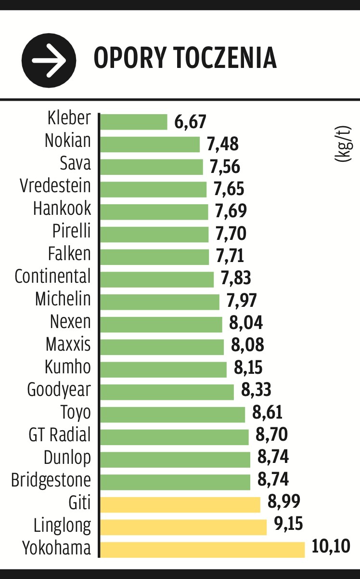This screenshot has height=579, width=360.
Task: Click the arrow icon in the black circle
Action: click(x=49, y=60)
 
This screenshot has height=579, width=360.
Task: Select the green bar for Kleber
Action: click(x=134, y=122)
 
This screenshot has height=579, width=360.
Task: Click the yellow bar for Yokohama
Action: click(x=203, y=549)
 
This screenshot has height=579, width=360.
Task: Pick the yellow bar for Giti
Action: click(x=180, y=504)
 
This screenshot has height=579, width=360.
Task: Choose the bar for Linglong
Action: click(x=183, y=527)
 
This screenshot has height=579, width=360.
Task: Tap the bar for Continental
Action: click(x=157, y=279)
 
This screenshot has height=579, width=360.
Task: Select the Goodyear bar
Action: click(x=167, y=392)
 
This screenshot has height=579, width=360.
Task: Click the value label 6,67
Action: click(x=190, y=122)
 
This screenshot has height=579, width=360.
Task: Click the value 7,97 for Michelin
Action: click(x=242, y=301)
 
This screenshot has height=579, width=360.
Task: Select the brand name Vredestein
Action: click(x=55, y=185)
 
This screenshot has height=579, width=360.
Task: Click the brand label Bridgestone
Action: click(x=51, y=480)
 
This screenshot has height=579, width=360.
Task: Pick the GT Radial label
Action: click(x=60, y=435)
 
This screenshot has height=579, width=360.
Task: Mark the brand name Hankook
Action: click(x=62, y=209)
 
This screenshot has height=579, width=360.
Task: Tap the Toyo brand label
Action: click(x=76, y=413)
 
